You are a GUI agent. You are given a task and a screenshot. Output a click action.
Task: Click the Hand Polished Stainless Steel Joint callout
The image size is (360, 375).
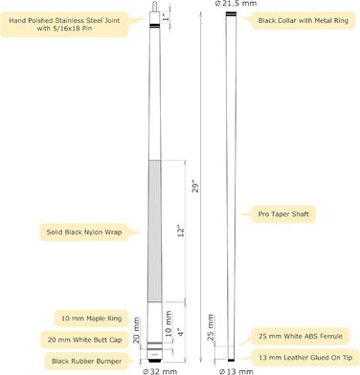coord(64,24)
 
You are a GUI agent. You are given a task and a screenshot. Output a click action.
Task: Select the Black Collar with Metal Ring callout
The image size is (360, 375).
coord(303,21)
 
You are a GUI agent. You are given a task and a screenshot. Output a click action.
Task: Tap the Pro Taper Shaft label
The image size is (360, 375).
coord(283,214)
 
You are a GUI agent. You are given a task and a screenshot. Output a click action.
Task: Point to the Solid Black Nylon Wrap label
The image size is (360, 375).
coord(84,232)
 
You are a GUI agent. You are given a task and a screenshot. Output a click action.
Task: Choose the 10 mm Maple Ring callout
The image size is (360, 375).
coord(92,319)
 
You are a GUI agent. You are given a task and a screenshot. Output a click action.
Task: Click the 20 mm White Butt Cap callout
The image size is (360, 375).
coord(84,340)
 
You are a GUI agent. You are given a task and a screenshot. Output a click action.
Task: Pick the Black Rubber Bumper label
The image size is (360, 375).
coord(86,362)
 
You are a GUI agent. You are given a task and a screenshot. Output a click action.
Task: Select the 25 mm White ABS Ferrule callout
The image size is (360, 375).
coord(301,336)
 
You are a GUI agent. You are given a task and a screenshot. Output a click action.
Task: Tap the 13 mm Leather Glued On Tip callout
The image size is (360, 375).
coord(305,358)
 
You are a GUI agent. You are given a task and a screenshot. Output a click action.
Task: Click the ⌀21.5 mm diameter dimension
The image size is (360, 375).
coord(236,4)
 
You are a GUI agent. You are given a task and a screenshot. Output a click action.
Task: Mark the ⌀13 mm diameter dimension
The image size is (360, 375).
coord(236,371)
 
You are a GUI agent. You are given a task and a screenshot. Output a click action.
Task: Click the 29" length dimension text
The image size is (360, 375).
coord(195,187)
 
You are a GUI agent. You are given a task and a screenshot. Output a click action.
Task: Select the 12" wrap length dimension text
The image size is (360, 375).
coord(181,232)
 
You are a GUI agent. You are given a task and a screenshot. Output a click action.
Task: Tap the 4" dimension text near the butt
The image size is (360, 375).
coord(181,333)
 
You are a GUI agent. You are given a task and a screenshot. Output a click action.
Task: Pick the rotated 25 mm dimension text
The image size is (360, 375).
coord(211,327)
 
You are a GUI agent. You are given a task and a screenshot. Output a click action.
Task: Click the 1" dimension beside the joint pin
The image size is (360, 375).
coord(166,17)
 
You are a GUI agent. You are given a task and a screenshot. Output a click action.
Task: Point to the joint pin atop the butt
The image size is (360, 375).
coord(155,7)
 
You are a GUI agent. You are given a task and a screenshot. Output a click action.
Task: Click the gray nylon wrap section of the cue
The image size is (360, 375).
coord(155,232)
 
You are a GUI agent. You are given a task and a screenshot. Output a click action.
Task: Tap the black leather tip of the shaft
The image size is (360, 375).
coord(231,360)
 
